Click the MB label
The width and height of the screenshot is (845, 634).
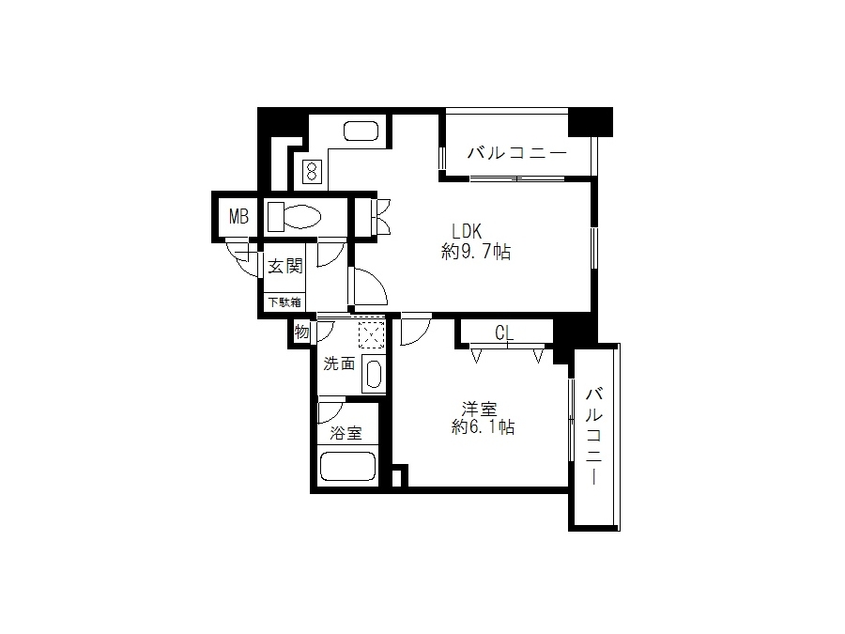(x=238, y=217)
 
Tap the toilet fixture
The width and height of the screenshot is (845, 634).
(x=294, y=217)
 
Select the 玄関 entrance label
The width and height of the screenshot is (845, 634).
(x=285, y=266)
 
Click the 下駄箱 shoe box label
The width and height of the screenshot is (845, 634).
(x=284, y=302)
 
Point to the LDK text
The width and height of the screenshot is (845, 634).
(x=467, y=231)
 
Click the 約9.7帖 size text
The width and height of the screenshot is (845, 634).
(x=476, y=252)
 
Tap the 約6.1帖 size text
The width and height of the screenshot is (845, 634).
(x=483, y=427)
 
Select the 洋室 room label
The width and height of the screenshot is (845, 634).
(x=479, y=409)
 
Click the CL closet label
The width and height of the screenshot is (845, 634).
(x=504, y=333)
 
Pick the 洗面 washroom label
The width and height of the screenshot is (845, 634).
(x=339, y=363)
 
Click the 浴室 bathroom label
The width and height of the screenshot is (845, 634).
(x=346, y=432)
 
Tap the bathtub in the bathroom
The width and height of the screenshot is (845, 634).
(x=347, y=466)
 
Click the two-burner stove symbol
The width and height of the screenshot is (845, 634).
(x=312, y=172)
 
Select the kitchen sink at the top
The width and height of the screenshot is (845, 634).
(x=361, y=131)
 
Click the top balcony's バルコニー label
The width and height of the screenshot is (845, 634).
(x=516, y=153)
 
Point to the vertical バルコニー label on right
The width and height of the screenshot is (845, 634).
(x=594, y=436)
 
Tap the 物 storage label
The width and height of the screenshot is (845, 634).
(x=301, y=332)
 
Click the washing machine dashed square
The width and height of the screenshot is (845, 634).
(x=372, y=334)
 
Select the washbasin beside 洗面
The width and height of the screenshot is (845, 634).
(x=374, y=373)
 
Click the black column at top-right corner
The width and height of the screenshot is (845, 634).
(x=591, y=122)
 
